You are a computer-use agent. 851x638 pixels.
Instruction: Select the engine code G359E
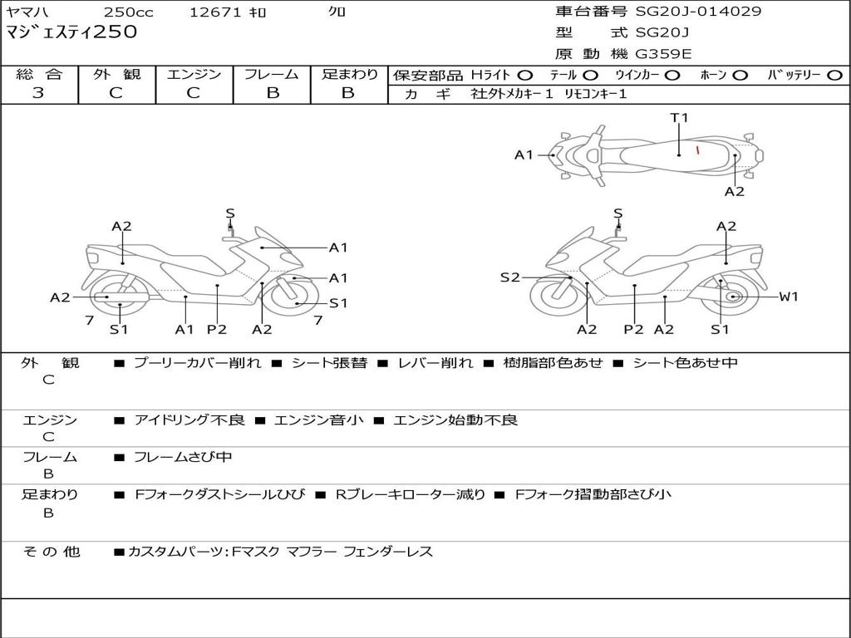(663, 55)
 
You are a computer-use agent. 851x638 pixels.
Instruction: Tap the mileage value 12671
(215, 12)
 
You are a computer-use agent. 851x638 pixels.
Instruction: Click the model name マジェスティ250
(71, 33)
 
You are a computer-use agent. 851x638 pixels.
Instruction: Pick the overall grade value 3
(38, 93)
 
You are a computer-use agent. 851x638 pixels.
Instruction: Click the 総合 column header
(39, 75)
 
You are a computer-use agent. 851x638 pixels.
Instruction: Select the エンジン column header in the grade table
(194, 75)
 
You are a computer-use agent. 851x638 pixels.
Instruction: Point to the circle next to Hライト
(525, 76)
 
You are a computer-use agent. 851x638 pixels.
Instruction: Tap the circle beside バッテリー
(834, 76)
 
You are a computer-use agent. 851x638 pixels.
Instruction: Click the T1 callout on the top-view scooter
(680, 118)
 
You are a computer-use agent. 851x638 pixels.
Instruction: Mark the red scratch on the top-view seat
(697, 150)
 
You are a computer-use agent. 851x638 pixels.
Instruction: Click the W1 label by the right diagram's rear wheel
(789, 297)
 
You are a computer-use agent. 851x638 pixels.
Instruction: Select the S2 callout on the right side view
(509, 277)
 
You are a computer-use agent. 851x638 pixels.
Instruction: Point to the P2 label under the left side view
(216, 330)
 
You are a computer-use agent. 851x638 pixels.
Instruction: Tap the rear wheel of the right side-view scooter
(732, 297)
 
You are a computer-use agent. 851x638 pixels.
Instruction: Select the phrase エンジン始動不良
(455, 420)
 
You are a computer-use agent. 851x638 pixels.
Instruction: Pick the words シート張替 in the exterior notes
(329, 363)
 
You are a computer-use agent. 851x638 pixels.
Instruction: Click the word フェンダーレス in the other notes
(388, 552)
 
